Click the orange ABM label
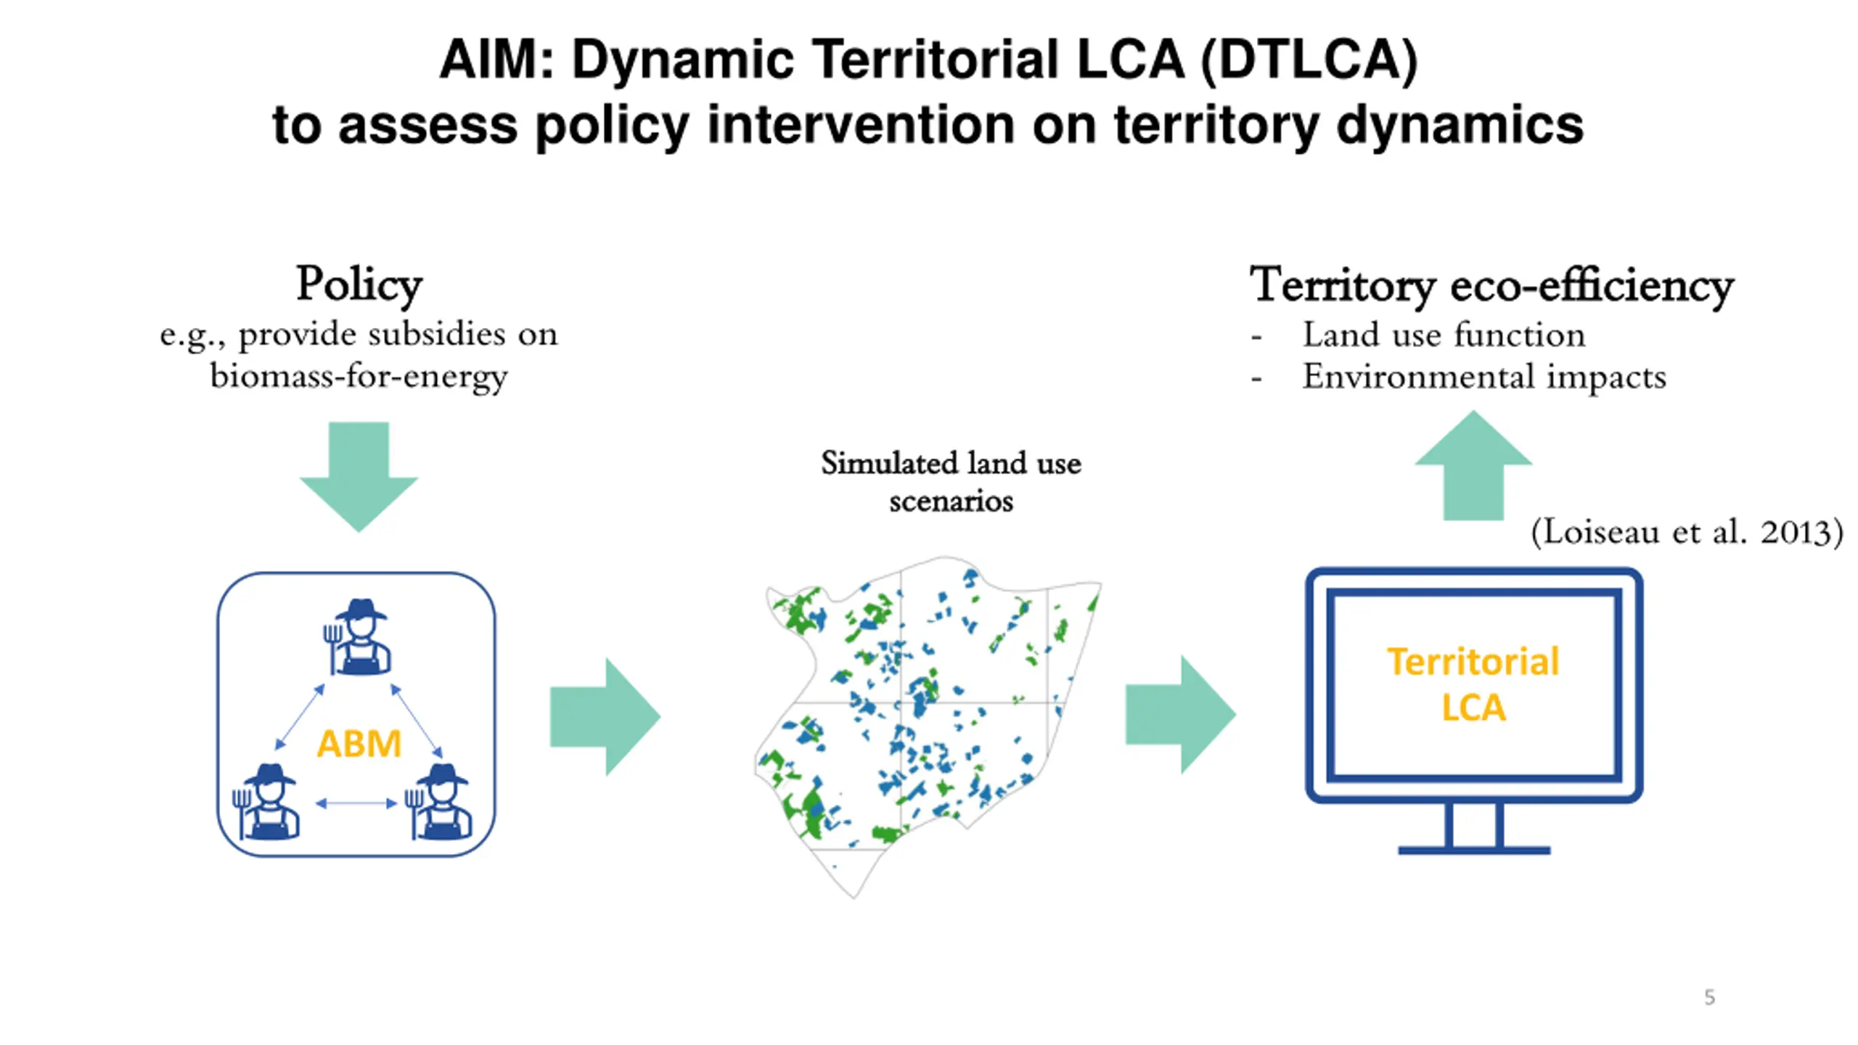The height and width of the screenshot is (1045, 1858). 359,743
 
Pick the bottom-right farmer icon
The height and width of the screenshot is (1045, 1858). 439,802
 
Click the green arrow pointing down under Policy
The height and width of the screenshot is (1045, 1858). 359,477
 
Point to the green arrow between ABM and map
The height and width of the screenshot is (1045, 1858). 605,717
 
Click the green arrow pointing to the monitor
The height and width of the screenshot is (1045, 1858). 1180,715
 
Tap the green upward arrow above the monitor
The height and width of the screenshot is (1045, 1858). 1473,465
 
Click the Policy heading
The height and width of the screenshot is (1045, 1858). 359,284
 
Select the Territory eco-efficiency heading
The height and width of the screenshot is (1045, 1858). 1491,284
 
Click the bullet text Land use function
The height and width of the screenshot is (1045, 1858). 1444,335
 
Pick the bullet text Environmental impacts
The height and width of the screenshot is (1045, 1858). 1484,377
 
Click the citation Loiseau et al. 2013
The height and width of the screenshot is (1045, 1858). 1687,532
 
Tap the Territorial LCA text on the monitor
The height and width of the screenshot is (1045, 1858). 1473,684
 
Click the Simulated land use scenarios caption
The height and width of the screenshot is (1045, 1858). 951,481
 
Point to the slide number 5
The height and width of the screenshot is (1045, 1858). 1710,997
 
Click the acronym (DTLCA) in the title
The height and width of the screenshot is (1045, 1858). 1309,60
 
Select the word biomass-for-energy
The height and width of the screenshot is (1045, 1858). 359,377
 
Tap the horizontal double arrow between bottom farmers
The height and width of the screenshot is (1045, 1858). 356,803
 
